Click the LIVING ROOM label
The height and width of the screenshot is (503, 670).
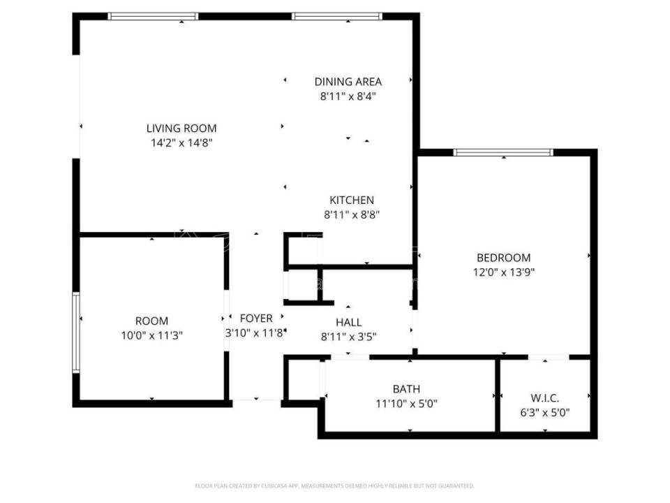point(181,128)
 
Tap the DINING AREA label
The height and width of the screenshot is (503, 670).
point(348,82)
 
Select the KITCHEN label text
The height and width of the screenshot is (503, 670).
point(352,201)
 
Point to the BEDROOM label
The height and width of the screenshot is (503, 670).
point(503,257)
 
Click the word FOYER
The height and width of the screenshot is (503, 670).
point(256,319)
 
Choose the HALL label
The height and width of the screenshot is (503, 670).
point(348,322)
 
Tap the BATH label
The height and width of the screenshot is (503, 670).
point(407,388)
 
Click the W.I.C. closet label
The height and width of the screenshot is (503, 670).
point(545,398)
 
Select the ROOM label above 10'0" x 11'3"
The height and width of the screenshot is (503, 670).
point(151,321)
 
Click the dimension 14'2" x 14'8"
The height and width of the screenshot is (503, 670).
point(181,143)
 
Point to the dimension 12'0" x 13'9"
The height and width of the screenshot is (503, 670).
point(503,272)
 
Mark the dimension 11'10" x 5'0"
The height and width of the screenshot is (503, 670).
point(407,403)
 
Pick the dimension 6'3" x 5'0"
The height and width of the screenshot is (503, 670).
point(545,412)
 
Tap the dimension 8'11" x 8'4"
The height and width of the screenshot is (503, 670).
point(348,96)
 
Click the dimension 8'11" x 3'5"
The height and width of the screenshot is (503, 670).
point(348,336)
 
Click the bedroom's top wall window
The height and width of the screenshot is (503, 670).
point(503,152)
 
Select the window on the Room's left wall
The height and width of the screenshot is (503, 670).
point(76,333)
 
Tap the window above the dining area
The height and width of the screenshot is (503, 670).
point(337,16)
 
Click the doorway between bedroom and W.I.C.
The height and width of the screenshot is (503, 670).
point(548,358)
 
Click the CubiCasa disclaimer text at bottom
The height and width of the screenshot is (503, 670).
point(335,486)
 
